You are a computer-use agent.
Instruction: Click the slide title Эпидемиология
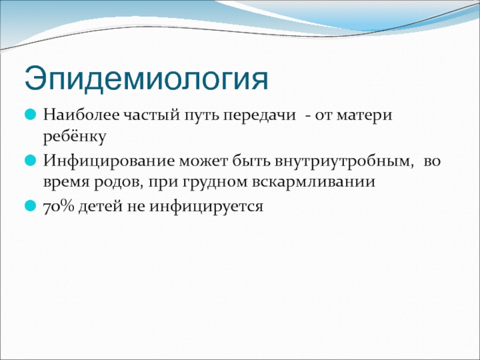tap(146, 79)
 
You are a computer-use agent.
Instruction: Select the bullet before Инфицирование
tap(31, 160)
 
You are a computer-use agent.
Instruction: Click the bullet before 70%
tap(31, 205)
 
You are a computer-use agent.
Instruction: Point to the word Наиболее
tap(82, 115)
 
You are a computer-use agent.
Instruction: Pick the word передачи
tap(259, 116)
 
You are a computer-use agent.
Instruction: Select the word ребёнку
tap(74, 137)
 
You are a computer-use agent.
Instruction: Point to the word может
tap(203, 161)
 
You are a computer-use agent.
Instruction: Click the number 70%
tap(59, 206)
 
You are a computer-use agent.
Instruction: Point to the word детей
tap(101, 206)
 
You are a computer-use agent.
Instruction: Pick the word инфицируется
tap(206, 206)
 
